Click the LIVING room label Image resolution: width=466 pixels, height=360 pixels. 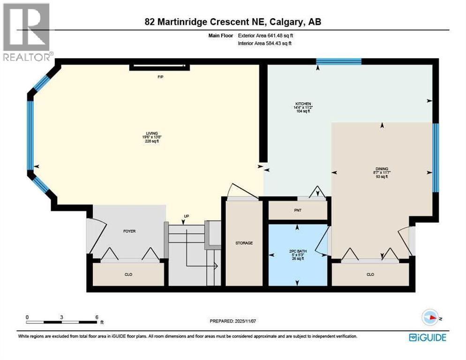(149, 132)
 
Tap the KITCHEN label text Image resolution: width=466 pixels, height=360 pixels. (303, 104)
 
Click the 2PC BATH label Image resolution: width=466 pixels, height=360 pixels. (297, 251)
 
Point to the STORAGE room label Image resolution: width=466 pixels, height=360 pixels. (244, 243)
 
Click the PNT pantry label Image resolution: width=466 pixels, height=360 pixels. (297, 210)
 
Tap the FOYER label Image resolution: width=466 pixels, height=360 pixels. (129, 231)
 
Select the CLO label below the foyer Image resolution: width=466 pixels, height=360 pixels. (128, 274)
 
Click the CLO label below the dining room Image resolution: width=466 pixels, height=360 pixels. (370, 274)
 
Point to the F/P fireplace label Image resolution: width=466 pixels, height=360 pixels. (160, 76)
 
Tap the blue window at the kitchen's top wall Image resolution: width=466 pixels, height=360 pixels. (338, 61)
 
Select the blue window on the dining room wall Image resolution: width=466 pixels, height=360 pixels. (435, 158)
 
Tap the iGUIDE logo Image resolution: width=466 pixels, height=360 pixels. (427, 337)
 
